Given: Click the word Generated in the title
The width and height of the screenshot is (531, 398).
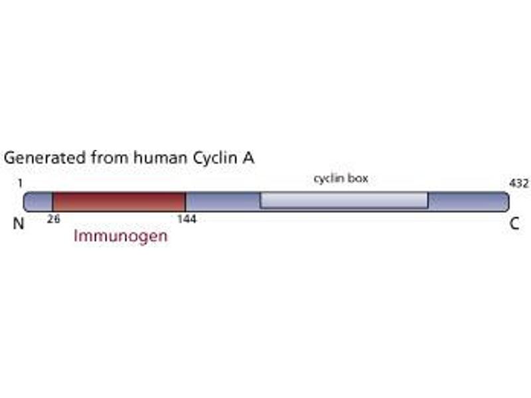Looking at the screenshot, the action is (44, 158).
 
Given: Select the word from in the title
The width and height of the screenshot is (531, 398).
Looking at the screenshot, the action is (110, 158).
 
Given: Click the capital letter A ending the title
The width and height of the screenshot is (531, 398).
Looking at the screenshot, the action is (248, 158).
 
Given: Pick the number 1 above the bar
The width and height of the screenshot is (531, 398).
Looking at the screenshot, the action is (20, 183).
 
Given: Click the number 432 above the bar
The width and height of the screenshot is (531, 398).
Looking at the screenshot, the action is (519, 183).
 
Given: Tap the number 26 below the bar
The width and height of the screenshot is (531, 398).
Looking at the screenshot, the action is (54, 219).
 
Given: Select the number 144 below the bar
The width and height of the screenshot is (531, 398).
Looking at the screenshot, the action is (187, 219).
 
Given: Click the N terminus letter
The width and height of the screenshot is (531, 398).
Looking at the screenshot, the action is (19, 224).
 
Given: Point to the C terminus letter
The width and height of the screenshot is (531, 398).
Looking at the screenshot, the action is (514, 224).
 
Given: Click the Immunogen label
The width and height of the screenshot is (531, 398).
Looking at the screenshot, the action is (121, 236).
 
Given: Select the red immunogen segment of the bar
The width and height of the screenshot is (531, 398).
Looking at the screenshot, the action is (119, 202).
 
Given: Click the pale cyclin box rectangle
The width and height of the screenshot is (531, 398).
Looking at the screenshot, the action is (344, 200).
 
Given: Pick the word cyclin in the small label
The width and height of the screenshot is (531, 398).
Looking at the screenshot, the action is (327, 178).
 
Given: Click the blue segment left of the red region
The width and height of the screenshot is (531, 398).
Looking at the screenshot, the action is (38, 202).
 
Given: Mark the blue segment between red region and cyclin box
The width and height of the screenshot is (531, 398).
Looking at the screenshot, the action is (223, 202).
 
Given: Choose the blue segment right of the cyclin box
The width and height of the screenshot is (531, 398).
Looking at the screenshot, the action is (469, 202).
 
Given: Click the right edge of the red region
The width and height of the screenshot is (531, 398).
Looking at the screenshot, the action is (186, 202).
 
